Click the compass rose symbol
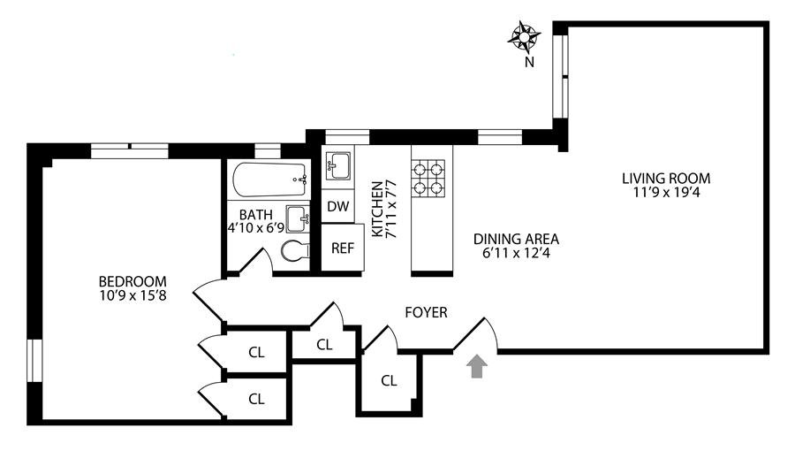pos(525,38)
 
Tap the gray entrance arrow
pos(477,367)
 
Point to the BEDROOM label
pos(132,282)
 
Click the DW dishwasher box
pos(337,207)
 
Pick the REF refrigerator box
pos(342,248)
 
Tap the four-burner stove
pos(431,176)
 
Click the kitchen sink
pos(338,165)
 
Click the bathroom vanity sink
pos(299,217)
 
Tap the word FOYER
pos(426,312)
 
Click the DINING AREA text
pos(516,239)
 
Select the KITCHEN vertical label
pos(377,210)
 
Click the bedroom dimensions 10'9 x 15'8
pos(132,296)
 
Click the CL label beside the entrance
pos(389,381)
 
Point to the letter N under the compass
pos(528,62)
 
